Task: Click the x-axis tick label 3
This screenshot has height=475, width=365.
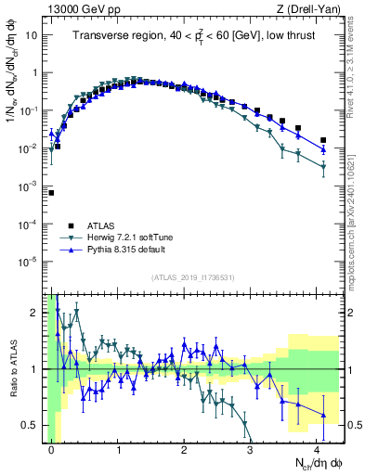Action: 251,449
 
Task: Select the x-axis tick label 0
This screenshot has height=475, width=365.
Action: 52,449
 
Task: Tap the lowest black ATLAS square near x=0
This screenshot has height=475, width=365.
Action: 52,193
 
